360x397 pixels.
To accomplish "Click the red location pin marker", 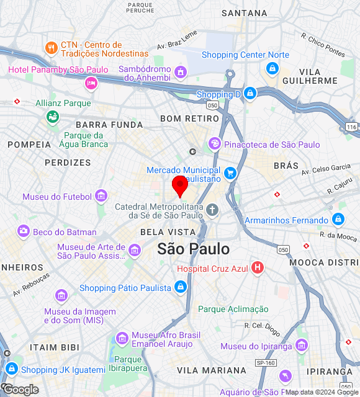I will (180, 185).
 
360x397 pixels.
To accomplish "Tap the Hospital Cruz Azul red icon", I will (257, 269).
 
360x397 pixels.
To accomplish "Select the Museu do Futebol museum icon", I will (101, 197).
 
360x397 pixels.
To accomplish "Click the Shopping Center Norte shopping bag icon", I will (272, 68).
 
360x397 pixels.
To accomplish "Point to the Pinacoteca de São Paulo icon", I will (214, 144).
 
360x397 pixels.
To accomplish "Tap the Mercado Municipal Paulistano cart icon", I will (230, 174).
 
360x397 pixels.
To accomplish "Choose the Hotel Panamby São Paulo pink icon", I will (91, 83).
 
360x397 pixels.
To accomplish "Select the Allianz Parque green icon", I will (52, 116).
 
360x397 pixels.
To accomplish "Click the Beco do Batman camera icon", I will (24, 231).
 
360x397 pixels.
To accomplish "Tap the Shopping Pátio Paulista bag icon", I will (180, 287).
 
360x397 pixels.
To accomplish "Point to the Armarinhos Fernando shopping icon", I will (338, 220).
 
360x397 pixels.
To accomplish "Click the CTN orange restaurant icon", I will (51, 47).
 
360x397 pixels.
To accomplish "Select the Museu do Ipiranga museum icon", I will (302, 346).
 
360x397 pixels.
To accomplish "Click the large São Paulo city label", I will (193, 249).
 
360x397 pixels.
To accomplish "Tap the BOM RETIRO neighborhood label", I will (185, 118).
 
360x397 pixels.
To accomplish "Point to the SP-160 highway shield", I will (266, 362).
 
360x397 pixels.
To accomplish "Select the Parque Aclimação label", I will (233, 309).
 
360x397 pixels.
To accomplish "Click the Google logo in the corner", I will (20, 389).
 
